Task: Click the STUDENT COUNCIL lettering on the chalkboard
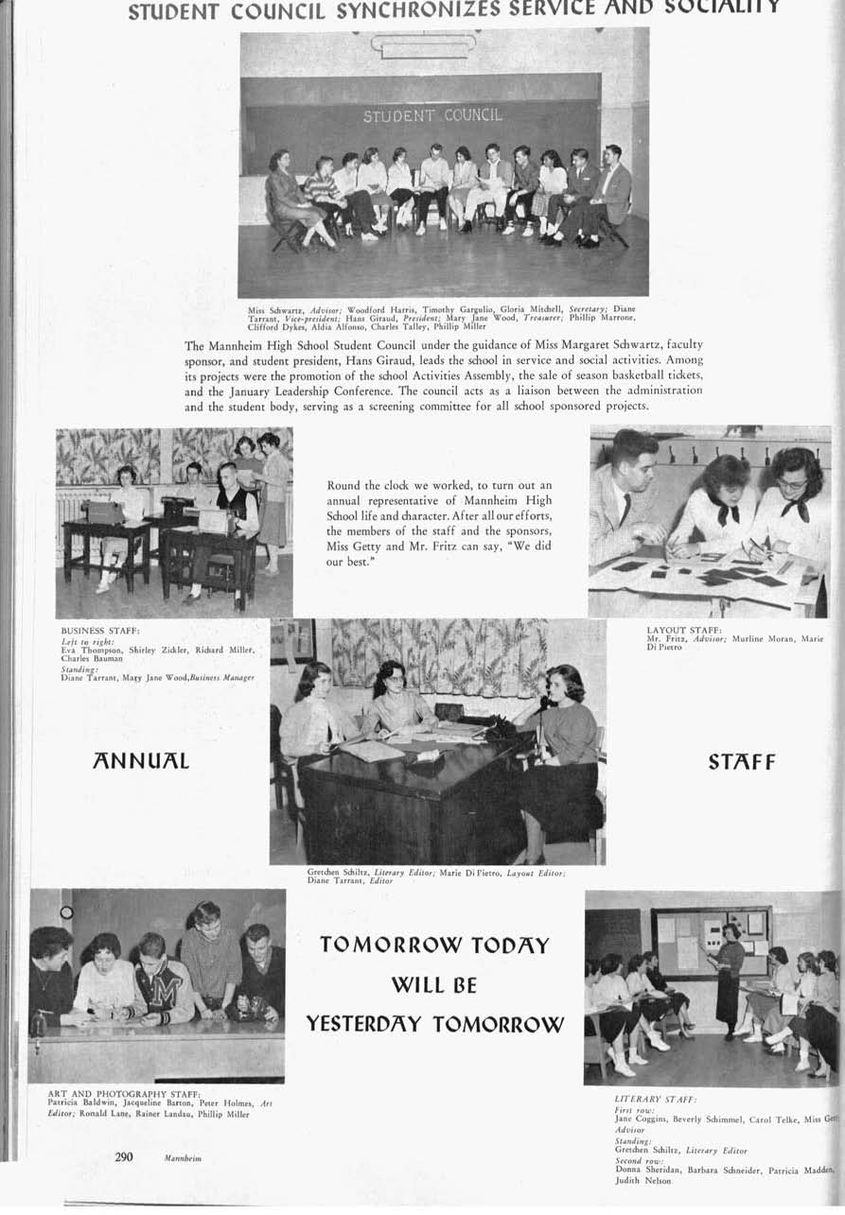432,116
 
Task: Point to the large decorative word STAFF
741,762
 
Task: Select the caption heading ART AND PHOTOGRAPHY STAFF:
123,1094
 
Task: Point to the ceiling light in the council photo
423,43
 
